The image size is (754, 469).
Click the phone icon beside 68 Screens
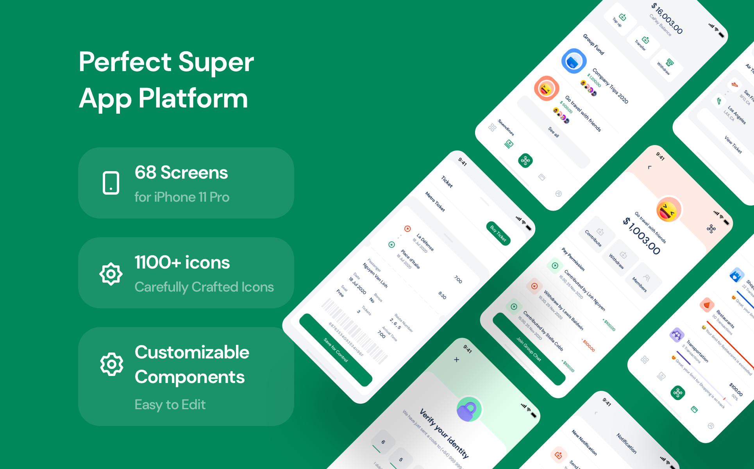click(111, 183)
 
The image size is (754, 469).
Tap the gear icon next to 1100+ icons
click(111, 274)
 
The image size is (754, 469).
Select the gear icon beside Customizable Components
click(112, 364)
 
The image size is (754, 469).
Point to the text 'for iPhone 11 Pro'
click(182, 197)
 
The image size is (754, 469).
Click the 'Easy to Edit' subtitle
click(170, 405)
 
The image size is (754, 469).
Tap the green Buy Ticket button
click(498, 234)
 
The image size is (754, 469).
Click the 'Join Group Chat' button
click(529, 349)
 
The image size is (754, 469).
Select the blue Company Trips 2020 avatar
click(574, 61)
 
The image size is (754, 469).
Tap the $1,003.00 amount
click(641, 236)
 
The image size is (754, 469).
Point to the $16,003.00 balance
click(667, 18)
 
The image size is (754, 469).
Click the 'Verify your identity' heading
click(444, 433)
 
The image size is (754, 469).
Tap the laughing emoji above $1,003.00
click(668, 210)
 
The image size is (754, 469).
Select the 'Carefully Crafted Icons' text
click(204, 287)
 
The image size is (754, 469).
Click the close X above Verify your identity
click(456, 360)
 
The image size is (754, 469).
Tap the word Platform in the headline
click(193, 98)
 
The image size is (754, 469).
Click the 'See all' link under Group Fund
click(553, 132)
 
